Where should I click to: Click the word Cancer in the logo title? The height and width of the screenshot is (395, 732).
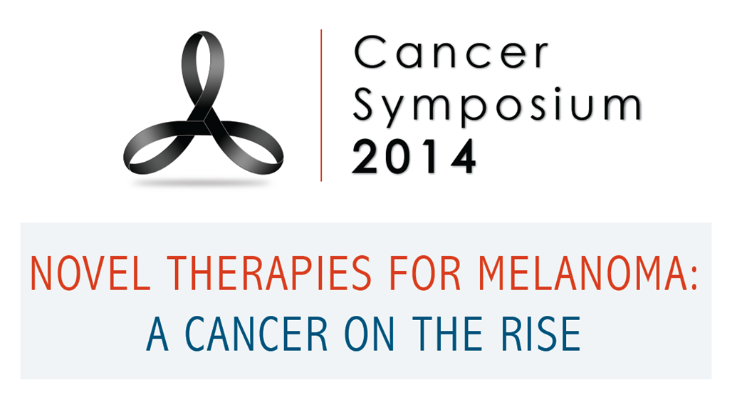pos(451,53)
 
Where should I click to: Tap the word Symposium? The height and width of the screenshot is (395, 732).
pos(497,106)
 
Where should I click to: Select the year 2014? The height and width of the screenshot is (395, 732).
pos(414,157)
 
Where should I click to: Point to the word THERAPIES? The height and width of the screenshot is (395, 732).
pos(269,274)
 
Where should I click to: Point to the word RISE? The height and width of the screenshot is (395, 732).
pos(540,334)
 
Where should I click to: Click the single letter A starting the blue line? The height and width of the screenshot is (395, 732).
pos(157,334)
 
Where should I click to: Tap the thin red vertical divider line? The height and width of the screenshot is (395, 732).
pos(321,106)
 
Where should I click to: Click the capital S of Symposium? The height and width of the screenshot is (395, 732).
pos(365,103)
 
